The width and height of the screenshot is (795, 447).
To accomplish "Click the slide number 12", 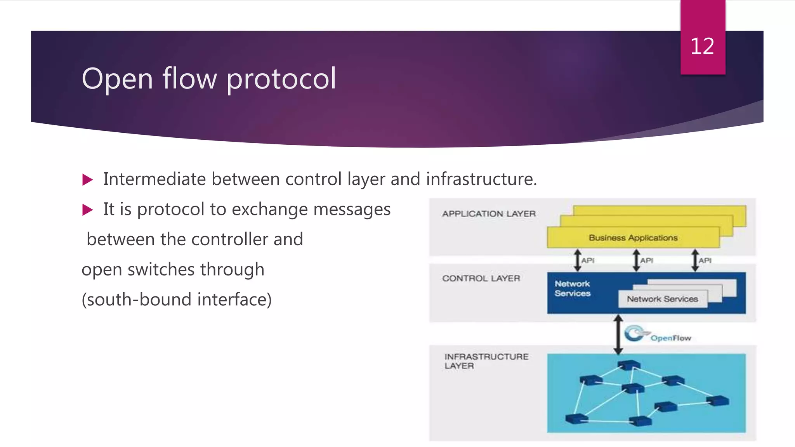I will tap(702, 47).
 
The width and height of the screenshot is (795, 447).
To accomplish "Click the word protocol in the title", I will tap(281, 79).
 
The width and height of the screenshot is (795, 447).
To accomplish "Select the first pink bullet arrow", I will tap(88, 180).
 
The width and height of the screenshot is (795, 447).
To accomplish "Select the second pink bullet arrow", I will tap(88, 210).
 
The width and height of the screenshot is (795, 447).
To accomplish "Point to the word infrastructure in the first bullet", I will tap(481, 179).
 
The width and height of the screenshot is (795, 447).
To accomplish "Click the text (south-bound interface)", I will tap(177, 300).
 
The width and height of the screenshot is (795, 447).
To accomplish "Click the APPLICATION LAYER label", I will tap(489, 214).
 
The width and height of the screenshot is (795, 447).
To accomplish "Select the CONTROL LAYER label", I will tap(481, 278).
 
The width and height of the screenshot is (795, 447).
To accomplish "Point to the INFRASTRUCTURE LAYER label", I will tap(486, 361).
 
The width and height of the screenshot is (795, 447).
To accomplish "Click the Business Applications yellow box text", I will tap(633, 238).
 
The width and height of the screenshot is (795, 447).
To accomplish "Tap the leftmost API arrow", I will tap(578, 260).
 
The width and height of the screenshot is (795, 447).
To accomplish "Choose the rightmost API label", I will tap(705, 260).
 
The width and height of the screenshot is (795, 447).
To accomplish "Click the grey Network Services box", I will tap(662, 299).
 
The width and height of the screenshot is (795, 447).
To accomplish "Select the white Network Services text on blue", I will tap(572, 289).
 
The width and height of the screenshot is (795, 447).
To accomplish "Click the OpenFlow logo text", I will tap(670, 338).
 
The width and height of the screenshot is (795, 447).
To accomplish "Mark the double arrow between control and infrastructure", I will tap(618, 334).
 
